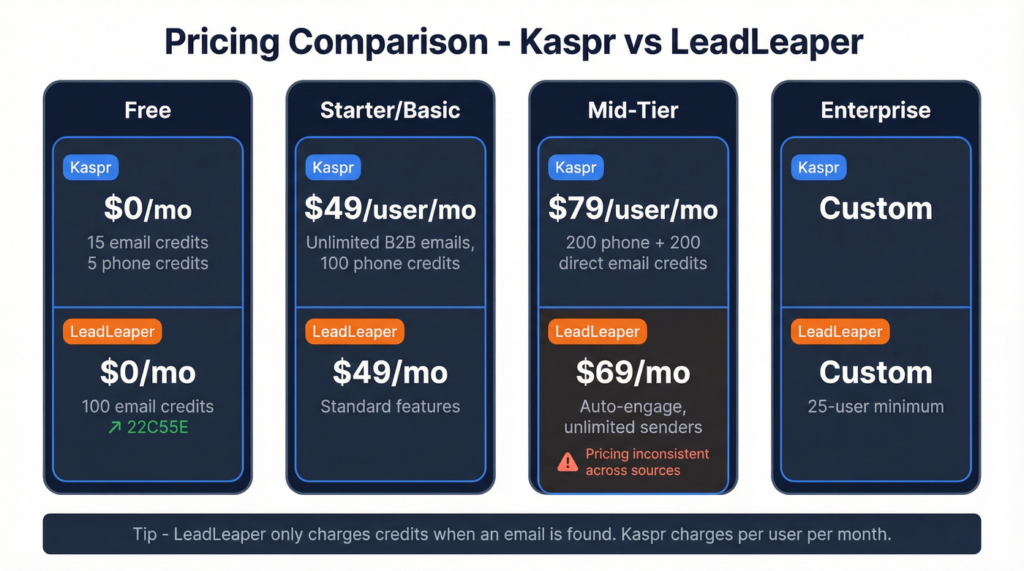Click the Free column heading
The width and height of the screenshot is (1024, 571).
point(148,110)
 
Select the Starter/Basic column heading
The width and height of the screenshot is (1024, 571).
point(390,110)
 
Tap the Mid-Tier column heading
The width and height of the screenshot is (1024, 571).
point(633,110)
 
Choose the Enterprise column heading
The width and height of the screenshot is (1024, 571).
point(876,110)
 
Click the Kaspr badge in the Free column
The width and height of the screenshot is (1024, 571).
point(91,167)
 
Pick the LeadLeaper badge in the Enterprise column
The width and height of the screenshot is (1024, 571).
point(840,332)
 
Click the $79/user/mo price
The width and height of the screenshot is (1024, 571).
point(633,209)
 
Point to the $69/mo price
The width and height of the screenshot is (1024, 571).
point(633,373)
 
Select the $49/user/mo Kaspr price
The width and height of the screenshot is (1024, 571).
point(390,209)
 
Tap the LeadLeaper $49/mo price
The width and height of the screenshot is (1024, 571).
point(390,373)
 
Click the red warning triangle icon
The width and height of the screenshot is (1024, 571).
point(568,462)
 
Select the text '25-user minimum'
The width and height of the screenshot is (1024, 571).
point(876,406)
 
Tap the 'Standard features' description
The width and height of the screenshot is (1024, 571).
point(390,406)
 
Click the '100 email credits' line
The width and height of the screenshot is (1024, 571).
point(148,406)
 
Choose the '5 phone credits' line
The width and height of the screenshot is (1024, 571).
point(148,263)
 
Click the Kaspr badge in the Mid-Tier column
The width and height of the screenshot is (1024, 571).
point(576,167)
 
